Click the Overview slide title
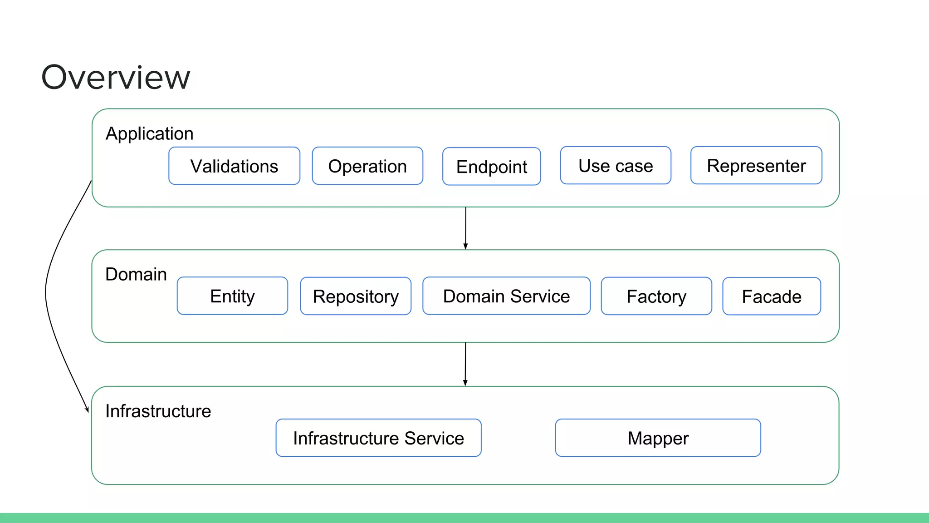point(116,77)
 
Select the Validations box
point(234,166)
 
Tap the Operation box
point(367,166)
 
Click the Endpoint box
point(491,167)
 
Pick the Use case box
point(616,166)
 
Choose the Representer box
point(756,166)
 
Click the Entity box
point(232,296)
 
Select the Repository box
point(356,296)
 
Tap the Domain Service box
point(506,296)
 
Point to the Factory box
point(656,296)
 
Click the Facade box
point(772,296)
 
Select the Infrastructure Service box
point(378,438)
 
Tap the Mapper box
point(658,438)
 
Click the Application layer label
point(149,133)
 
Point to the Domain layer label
point(136,274)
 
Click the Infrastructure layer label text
point(158,411)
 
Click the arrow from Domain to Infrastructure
point(465,364)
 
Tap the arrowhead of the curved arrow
point(87,410)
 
